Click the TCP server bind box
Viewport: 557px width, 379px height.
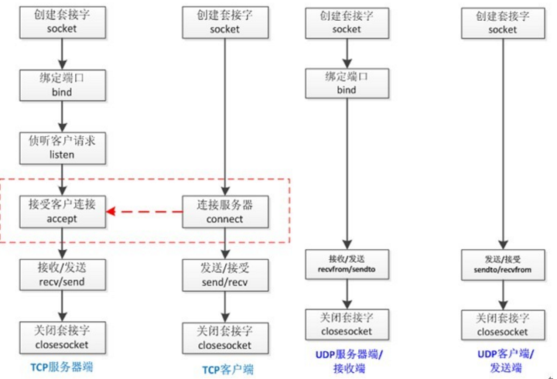(x=62, y=85)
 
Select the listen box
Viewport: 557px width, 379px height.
(x=62, y=148)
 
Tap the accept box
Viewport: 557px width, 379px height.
(x=62, y=211)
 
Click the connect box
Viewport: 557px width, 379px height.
(x=225, y=211)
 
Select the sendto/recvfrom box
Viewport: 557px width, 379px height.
(x=503, y=263)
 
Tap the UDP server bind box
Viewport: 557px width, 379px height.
(x=346, y=84)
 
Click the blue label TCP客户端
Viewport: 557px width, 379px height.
(x=225, y=369)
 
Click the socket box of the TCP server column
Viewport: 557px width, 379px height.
(x=62, y=22)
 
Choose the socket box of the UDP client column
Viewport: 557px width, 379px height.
(x=503, y=22)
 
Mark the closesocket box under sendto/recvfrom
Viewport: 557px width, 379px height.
(x=503, y=324)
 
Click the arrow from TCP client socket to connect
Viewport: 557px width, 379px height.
(x=225, y=116)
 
